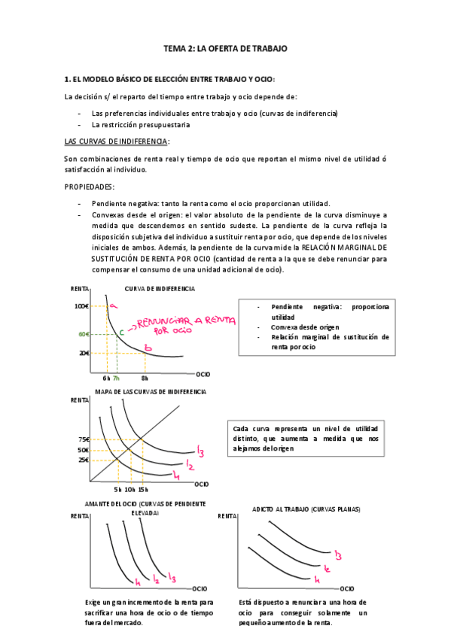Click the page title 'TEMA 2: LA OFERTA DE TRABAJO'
(225, 48)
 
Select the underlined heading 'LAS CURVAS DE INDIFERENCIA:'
(117, 141)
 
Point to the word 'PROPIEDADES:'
(90, 187)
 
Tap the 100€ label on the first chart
(82, 306)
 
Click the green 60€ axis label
(84, 333)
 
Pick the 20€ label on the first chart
(83, 353)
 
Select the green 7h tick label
(116, 378)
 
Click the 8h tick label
(145, 378)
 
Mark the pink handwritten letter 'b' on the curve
(148, 348)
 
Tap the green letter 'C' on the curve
(121, 331)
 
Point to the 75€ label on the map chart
(83, 440)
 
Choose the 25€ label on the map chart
(83, 460)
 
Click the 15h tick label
(142, 489)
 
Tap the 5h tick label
(117, 489)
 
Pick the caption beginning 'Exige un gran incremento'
(149, 612)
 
